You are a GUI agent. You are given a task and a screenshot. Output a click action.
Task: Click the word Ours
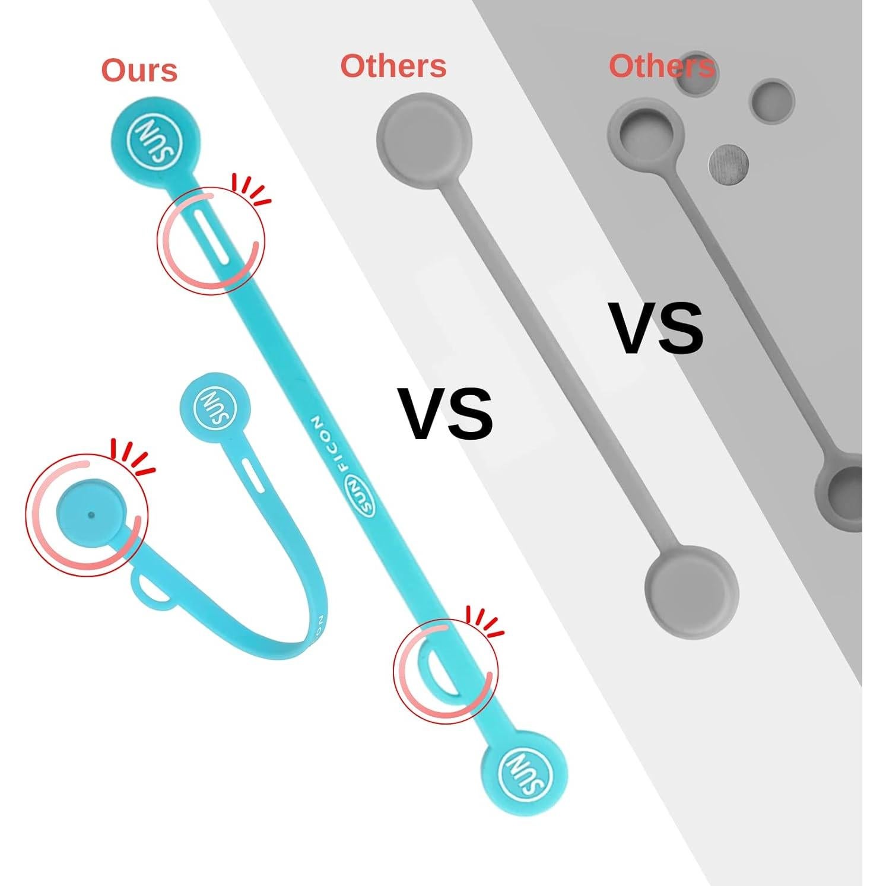point(139,71)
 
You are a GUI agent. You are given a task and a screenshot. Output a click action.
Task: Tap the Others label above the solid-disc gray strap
point(393,66)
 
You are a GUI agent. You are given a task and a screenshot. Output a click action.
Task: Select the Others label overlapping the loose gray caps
point(661,66)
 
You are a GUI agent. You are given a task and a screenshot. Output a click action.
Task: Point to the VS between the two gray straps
point(658,328)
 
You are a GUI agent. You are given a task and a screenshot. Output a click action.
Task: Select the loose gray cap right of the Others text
point(772,100)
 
